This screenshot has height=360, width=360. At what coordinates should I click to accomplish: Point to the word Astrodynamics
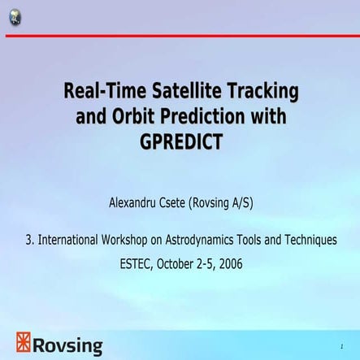coord(210,240)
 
